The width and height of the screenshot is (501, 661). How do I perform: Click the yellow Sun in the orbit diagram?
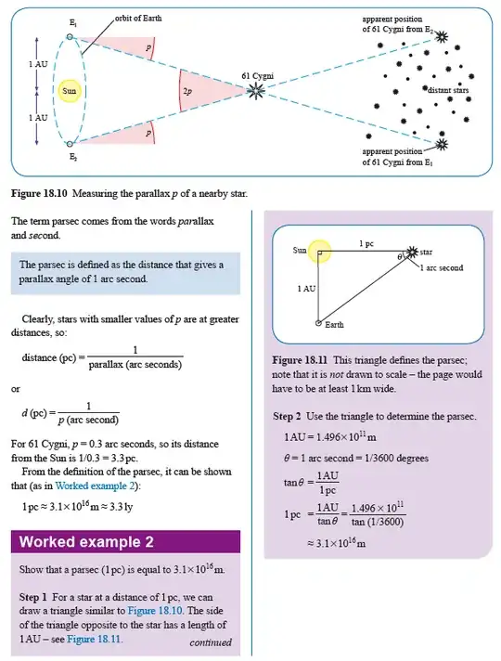coord(69,91)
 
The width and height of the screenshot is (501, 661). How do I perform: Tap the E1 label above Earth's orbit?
coord(72,21)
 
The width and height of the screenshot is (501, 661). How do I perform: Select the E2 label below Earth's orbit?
coord(72,158)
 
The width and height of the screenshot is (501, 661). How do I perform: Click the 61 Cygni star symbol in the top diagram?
coord(255,90)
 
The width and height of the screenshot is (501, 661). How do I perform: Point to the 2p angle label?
coord(188,91)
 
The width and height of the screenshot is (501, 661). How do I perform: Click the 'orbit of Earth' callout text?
coord(146,18)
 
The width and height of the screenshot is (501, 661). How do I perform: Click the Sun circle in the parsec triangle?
coord(318,251)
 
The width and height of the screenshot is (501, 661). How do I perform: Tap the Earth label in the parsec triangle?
coord(335,324)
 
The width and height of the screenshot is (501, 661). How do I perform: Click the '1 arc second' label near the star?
coord(442,267)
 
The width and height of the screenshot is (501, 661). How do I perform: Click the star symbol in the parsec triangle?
coord(411,252)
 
